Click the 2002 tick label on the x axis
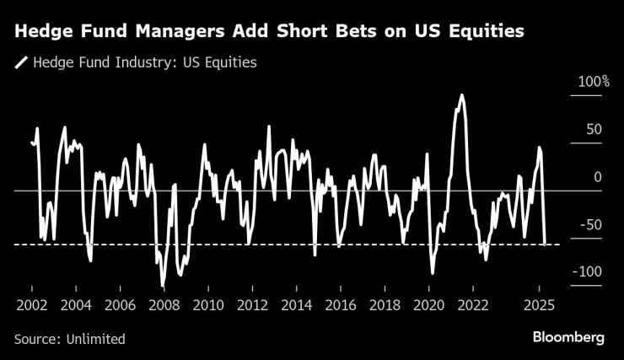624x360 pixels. [x=30, y=305]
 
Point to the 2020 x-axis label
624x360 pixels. [x=428, y=305]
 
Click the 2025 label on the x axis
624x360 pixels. [x=539, y=305]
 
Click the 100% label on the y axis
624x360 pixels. [x=593, y=82]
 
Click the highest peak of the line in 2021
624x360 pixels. [x=461, y=95]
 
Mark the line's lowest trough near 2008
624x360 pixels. [x=162, y=285]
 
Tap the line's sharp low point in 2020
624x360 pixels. [x=433, y=272]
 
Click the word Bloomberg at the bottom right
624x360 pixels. [x=568, y=337]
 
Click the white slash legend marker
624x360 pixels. [x=21, y=62]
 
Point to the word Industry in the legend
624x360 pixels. [x=134, y=62]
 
